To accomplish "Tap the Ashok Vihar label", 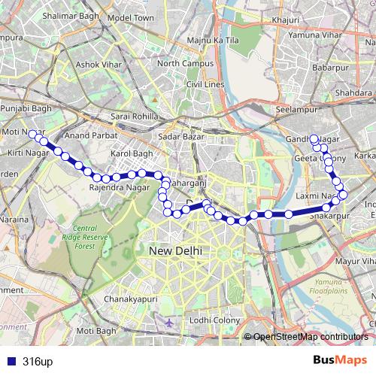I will [98, 65].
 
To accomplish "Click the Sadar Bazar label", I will [178, 136].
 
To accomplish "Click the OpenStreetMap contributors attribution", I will [310, 337].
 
